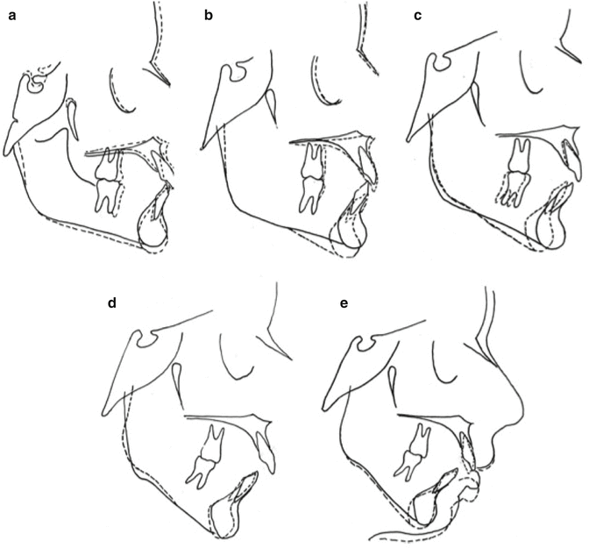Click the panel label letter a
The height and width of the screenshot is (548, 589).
coord(13,17)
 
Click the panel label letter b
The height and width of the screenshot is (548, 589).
coord(209,16)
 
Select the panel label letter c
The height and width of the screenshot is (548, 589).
coord(417,17)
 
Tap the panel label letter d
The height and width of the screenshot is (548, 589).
coord(112,303)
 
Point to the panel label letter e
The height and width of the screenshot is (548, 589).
coord(344,303)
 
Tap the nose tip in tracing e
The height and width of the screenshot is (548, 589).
coord(521,409)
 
